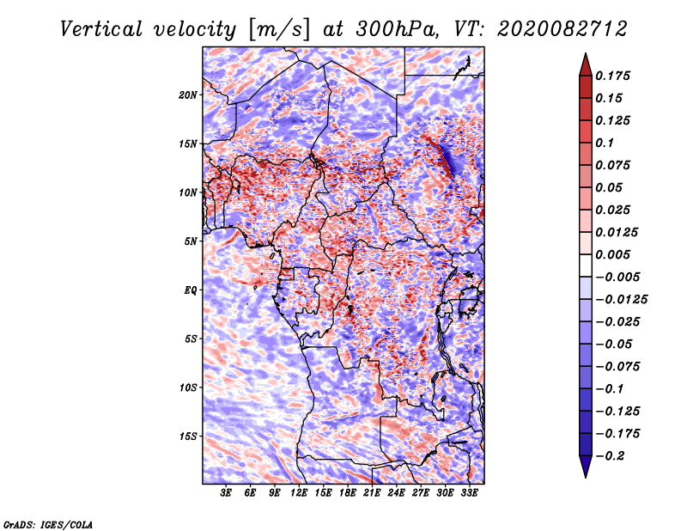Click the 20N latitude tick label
tap(188, 95)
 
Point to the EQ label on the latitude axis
tap(191, 290)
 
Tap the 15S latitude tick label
tap(188, 436)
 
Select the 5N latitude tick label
tap(191, 241)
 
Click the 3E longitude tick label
tap(226, 493)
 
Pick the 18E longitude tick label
tap(348, 493)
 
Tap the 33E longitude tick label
tap(469, 493)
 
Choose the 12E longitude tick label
tap(299, 493)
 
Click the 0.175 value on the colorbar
tap(612, 76)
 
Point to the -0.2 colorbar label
tap(610, 456)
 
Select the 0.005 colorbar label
tap(612, 254)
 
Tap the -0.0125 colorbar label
tap(621, 300)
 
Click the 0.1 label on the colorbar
tap(605, 143)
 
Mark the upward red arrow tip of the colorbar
tap(586, 53)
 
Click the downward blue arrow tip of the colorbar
tap(586, 477)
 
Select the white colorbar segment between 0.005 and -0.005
tap(586, 265)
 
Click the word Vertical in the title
tap(101, 29)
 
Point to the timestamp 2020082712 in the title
tap(562, 29)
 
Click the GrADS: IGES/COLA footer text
tap(48, 525)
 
